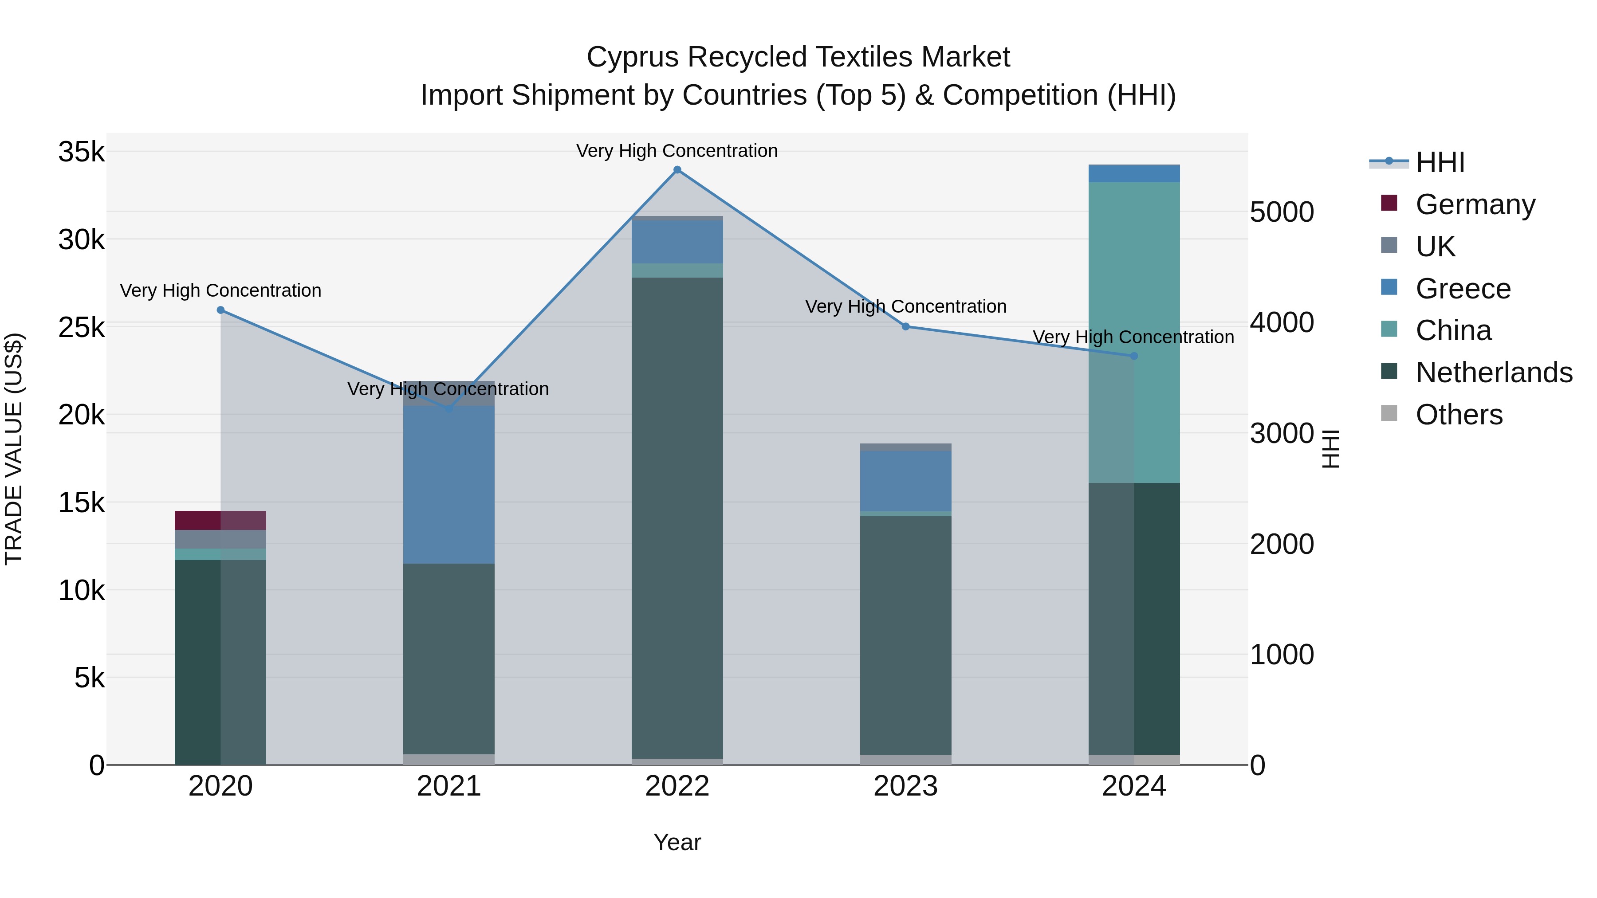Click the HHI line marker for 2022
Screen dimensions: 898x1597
[677, 170]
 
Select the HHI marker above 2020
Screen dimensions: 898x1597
[221, 310]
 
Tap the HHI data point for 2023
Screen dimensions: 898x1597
[905, 326]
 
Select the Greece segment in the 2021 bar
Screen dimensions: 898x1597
[449, 484]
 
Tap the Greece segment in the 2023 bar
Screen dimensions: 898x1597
[905, 481]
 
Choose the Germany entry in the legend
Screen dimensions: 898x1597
[1475, 204]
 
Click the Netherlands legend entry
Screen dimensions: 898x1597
[1494, 373]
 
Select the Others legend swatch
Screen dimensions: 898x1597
[1389, 413]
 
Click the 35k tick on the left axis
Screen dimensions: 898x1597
[81, 152]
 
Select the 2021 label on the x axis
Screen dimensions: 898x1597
[449, 786]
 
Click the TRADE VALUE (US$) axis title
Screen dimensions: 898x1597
[14, 449]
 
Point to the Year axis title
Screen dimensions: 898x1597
[677, 842]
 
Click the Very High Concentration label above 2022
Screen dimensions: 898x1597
[677, 151]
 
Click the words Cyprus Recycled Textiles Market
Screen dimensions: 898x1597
[798, 57]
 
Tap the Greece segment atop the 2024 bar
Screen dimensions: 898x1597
[1134, 173]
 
